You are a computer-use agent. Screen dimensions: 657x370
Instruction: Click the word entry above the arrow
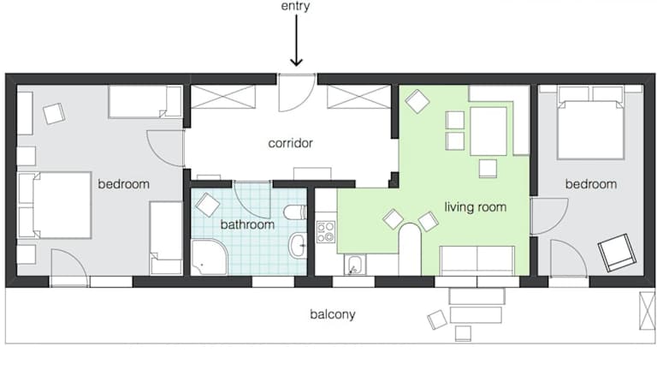[295, 6]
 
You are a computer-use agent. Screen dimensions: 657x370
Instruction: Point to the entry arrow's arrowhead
[296, 63]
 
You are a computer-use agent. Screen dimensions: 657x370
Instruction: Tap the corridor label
[290, 143]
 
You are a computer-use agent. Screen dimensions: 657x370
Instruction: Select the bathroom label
[247, 224]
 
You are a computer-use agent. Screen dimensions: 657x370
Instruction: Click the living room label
[475, 206]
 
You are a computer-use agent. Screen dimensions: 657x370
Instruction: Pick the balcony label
[333, 314]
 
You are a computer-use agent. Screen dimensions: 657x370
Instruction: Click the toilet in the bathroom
[295, 212]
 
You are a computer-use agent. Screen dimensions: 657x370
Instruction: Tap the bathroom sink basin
[298, 245]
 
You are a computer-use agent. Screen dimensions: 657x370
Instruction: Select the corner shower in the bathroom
[210, 257]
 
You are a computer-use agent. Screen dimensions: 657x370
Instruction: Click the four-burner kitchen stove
[326, 232]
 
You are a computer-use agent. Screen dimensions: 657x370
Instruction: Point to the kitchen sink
[355, 265]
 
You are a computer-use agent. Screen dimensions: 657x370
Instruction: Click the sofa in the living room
[476, 260]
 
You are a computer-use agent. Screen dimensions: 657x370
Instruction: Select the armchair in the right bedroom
[617, 253]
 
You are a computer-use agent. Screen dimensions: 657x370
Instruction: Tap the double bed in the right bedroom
[591, 123]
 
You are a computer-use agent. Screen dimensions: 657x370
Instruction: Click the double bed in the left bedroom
[55, 206]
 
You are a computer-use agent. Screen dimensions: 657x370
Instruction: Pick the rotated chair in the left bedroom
[54, 114]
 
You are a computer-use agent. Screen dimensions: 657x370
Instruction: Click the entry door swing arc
[306, 102]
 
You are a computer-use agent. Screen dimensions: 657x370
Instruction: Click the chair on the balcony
[437, 319]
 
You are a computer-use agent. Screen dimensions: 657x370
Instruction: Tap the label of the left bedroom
[123, 184]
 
